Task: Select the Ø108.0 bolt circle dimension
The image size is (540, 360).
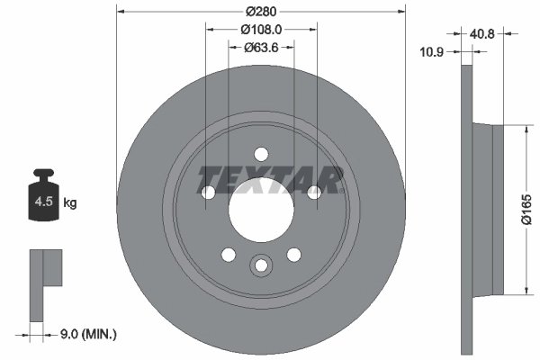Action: [261, 29]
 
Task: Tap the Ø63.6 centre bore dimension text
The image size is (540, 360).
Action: [261, 48]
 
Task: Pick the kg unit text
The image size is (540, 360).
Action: [70, 203]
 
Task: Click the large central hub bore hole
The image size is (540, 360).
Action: [261, 209]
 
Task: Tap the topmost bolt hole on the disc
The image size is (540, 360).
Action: [261, 153]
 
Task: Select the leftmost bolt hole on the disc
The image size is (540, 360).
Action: [208, 192]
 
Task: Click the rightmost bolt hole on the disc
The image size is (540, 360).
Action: [314, 192]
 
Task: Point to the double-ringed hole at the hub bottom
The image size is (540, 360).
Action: [261, 265]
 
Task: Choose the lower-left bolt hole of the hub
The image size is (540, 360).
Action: [228, 255]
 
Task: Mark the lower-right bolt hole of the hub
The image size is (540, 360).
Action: [293, 255]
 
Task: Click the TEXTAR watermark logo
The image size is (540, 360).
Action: [270, 179]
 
